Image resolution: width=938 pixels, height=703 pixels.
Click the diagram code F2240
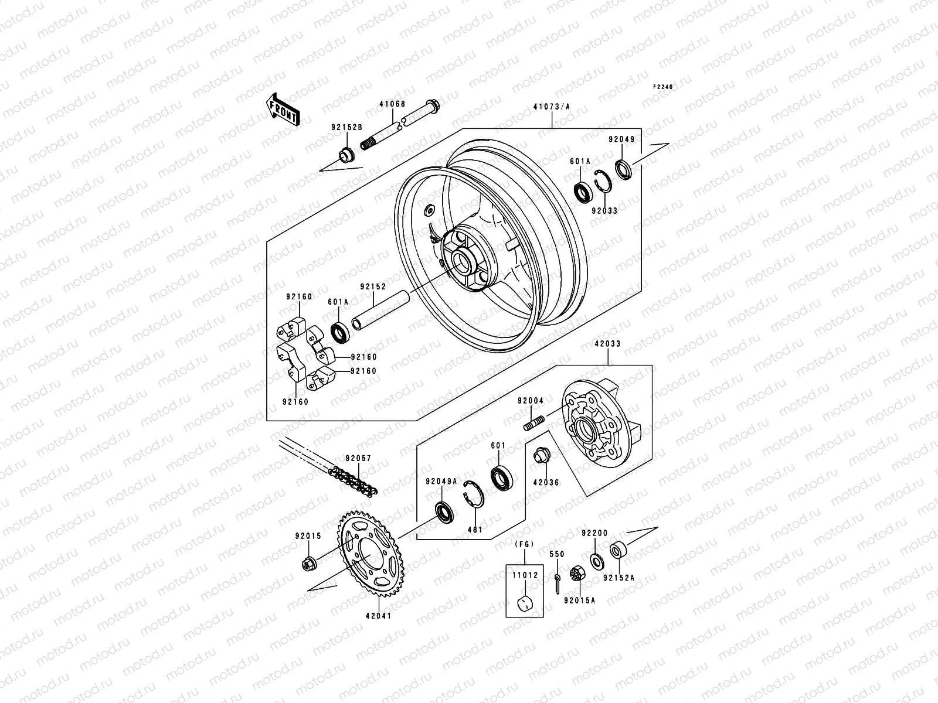tap(664, 87)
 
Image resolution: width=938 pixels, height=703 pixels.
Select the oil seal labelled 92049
tap(624, 168)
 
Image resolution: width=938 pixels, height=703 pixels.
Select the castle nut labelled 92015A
tap(576, 575)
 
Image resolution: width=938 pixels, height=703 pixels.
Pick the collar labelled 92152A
tap(617, 551)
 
